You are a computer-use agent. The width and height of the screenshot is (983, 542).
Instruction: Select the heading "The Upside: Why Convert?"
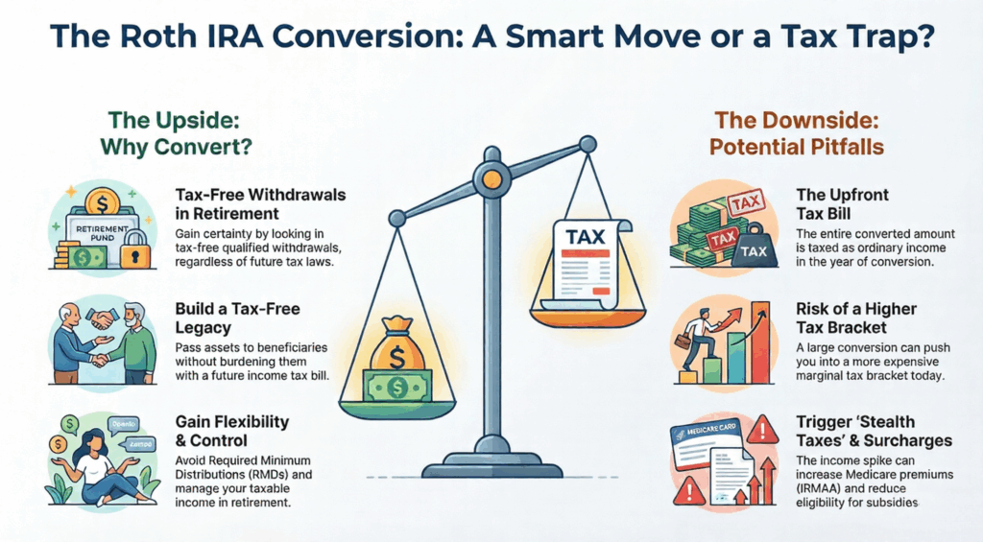pyautogui.click(x=175, y=132)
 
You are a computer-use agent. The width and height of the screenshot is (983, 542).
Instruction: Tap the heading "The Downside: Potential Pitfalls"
pyautogui.click(x=797, y=132)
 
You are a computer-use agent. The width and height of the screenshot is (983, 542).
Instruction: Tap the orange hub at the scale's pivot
pyautogui.click(x=491, y=178)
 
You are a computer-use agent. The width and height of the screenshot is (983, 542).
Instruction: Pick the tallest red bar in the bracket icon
pyautogui.click(x=760, y=342)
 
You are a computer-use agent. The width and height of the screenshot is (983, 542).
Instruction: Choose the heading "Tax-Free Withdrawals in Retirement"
pyautogui.click(x=260, y=204)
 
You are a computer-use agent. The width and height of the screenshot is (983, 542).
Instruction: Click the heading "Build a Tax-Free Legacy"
pyautogui.click(x=238, y=318)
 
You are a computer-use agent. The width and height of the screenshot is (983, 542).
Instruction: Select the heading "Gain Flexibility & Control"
pyautogui.click(x=232, y=431)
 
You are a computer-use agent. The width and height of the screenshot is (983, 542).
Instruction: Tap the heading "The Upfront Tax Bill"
pyautogui.click(x=843, y=204)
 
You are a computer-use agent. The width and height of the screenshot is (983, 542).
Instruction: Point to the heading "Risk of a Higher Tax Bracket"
pyautogui.click(x=856, y=318)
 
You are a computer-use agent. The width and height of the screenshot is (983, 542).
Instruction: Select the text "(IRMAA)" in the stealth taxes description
pyautogui.click(x=820, y=488)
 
